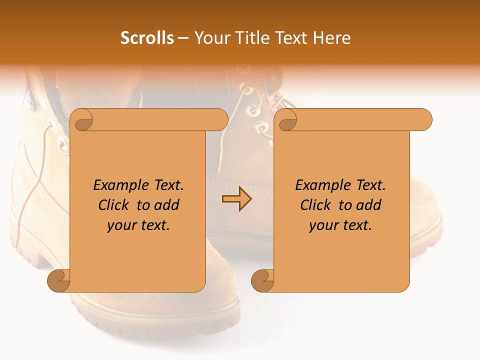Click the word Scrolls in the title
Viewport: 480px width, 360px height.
click(x=147, y=38)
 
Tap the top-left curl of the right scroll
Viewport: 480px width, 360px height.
click(x=287, y=120)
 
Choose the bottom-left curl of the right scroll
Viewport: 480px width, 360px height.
click(x=263, y=280)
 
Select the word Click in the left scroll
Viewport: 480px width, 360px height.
click(x=114, y=205)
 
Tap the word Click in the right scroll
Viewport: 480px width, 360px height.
click(x=316, y=205)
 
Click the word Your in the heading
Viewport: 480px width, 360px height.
click(x=210, y=38)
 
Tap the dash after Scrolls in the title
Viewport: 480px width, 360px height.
click(x=183, y=38)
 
